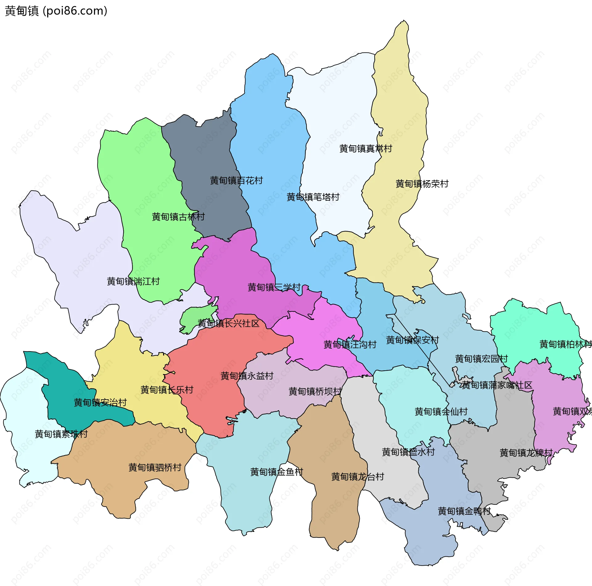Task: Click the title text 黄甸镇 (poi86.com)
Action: (56, 11)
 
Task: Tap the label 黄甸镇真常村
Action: (365, 149)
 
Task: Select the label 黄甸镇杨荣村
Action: (422, 184)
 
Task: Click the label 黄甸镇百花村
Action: (236, 181)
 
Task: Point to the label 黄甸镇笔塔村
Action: (313, 197)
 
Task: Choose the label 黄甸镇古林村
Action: (178, 217)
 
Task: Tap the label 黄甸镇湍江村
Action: (133, 281)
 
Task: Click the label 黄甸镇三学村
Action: (274, 287)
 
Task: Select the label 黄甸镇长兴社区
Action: (228, 323)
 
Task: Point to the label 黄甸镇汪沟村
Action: (350, 344)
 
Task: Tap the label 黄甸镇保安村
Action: (412, 340)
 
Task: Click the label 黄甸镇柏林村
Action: (565, 344)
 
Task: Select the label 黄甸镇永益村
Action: (247, 376)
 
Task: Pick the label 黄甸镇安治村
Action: (100, 402)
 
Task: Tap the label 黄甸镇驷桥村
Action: (155, 468)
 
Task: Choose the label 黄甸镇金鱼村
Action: (277, 472)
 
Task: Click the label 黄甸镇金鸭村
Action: (464, 511)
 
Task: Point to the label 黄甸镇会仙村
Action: (441, 412)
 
